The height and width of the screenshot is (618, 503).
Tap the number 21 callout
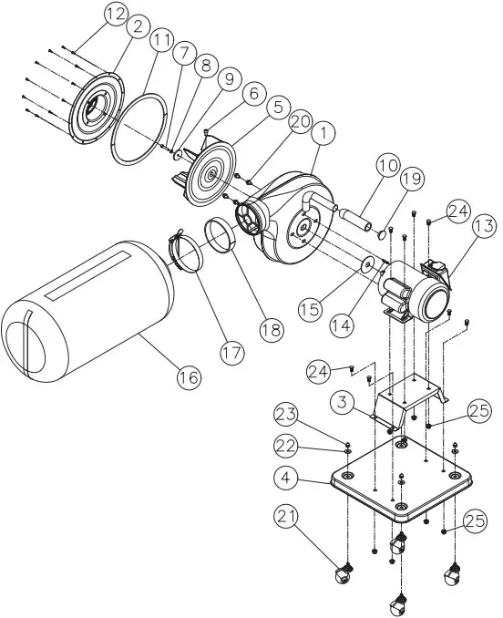point(288,518)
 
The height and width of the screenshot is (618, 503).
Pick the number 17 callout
point(231,348)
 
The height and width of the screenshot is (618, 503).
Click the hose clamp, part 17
point(190,252)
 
